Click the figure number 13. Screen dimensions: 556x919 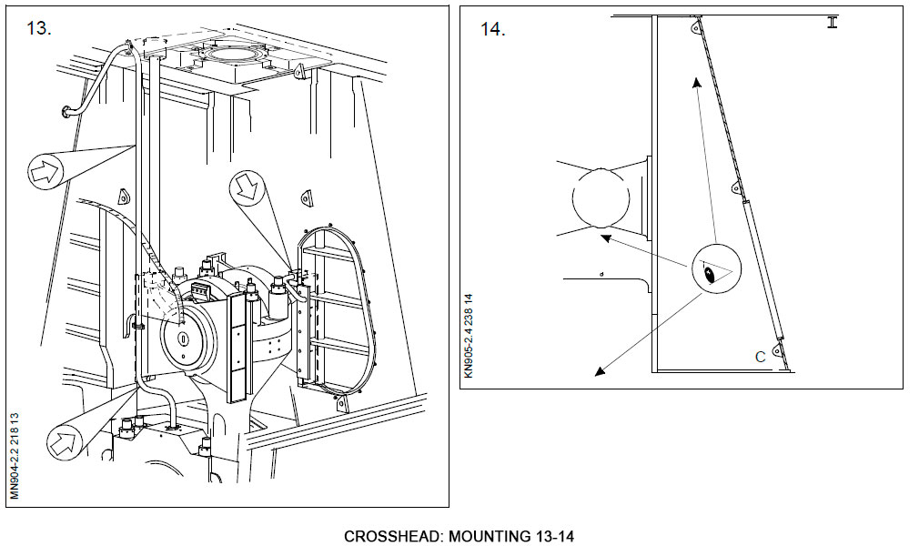[x=39, y=28]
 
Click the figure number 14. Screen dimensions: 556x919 [x=492, y=29]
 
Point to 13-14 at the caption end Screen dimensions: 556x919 [x=551, y=536]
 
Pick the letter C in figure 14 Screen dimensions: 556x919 [x=760, y=357]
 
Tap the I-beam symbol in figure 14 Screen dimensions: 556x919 [x=832, y=22]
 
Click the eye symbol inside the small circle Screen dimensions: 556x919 [x=709, y=271]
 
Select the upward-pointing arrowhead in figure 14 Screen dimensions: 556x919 [x=697, y=83]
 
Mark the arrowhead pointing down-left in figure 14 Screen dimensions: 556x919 [x=597, y=370]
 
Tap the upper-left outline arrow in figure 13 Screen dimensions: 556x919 [x=45, y=168]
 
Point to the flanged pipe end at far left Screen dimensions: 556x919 [x=66, y=112]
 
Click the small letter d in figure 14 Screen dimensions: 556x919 [x=601, y=273]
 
